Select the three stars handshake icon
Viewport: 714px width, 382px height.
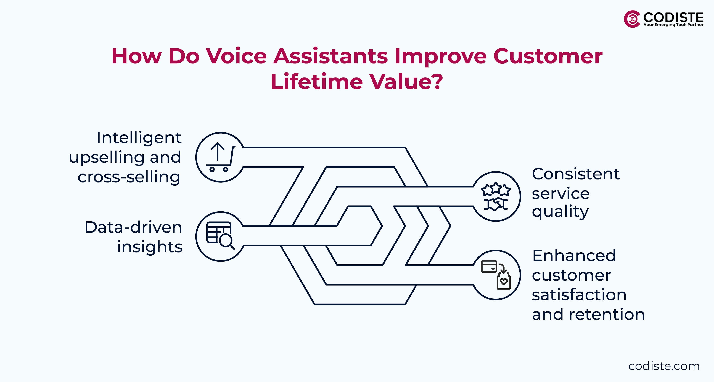pyautogui.click(x=496, y=196)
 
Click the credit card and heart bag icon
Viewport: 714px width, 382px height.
pyautogui.click(x=496, y=275)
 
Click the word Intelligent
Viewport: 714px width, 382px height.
pyautogui.click(x=139, y=138)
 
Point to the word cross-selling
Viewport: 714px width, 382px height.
pyautogui.click(x=129, y=177)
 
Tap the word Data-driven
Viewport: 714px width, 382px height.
pyautogui.click(x=133, y=227)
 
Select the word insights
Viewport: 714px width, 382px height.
pyautogui.click(x=150, y=247)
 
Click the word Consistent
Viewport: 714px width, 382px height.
pyautogui.click(x=575, y=174)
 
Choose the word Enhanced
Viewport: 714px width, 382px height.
pyautogui.click(x=574, y=256)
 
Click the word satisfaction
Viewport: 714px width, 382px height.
pyautogui.click(x=579, y=295)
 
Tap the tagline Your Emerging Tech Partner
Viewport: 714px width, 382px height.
pyautogui.click(x=673, y=25)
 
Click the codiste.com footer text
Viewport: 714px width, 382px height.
pyautogui.click(x=664, y=366)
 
